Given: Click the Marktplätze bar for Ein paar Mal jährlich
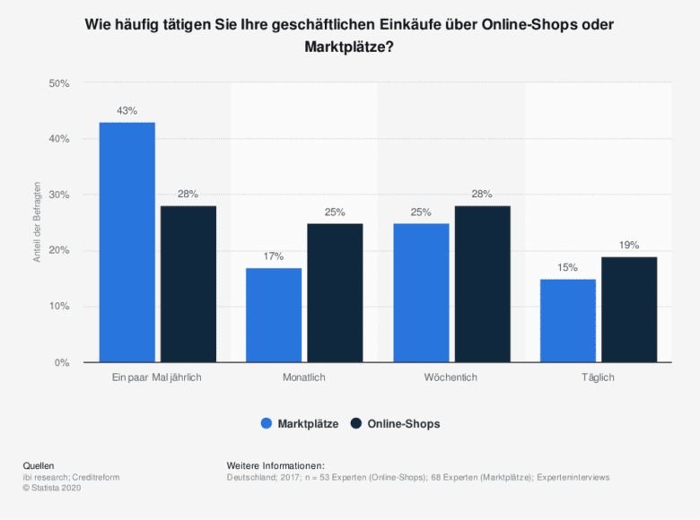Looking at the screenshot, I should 127,242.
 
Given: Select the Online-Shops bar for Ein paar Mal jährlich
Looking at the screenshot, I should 188,284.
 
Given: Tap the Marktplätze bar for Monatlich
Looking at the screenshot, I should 274,315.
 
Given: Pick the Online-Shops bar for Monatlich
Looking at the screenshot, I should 335,292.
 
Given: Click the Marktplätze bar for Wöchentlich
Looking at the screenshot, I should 421,292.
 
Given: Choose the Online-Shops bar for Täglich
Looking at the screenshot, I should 629,309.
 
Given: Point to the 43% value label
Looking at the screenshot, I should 127,111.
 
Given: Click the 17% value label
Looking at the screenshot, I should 274,256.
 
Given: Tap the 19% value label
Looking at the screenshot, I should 629,246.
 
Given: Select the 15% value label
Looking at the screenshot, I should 568,268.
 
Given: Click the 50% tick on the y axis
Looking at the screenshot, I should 59,83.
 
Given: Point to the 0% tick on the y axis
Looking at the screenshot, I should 63,362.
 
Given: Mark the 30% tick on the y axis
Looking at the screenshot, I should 59,195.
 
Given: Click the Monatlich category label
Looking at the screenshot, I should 304,378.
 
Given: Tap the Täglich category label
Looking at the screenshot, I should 599,378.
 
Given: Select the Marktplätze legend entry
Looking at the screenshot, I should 299,424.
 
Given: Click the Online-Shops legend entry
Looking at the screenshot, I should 395,424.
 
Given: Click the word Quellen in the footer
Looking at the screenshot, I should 39,465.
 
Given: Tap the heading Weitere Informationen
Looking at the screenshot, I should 276,465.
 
